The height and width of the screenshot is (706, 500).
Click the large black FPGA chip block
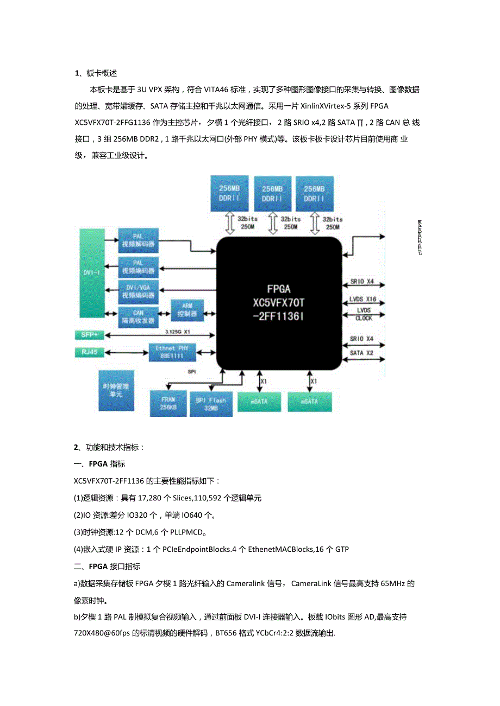tap(279, 303)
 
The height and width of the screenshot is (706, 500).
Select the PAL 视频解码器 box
tap(138, 241)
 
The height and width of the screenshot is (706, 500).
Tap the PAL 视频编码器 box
tap(138, 266)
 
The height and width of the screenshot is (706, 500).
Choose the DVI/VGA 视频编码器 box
tap(138, 291)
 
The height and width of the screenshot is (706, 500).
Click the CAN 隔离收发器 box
tap(138, 316)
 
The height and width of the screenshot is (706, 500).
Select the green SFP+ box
tap(87, 335)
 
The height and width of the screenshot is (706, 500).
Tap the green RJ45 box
tap(87, 353)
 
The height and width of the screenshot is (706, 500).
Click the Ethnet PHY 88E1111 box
tap(172, 352)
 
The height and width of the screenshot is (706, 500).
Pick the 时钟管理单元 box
tap(116, 390)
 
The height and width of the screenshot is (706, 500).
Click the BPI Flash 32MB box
tap(211, 404)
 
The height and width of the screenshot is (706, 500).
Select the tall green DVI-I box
tap(92, 272)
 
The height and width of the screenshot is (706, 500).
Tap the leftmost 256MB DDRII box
tap(229, 193)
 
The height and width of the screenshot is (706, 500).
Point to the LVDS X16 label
tap(364, 299)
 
